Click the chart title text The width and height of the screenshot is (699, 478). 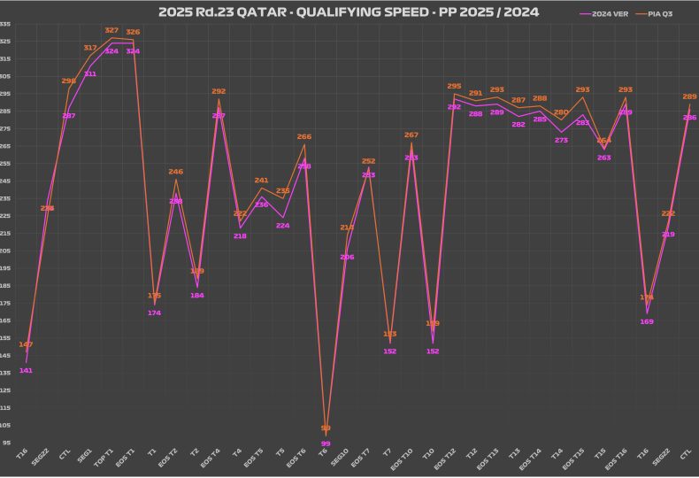click(x=348, y=12)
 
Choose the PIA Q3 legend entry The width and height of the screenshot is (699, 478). click(x=669, y=14)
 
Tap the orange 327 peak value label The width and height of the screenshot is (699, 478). click(x=111, y=30)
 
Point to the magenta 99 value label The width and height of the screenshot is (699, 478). click(x=326, y=443)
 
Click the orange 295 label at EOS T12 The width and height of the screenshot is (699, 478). click(x=454, y=87)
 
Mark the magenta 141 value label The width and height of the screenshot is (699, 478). click(x=26, y=370)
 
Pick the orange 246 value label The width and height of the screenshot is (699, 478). click(x=175, y=172)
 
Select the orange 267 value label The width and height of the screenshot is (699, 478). click(x=411, y=135)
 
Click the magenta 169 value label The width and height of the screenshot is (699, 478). click(x=647, y=321)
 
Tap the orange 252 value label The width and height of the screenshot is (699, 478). click(x=369, y=161)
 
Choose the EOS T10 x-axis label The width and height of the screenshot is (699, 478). click(x=406, y=459)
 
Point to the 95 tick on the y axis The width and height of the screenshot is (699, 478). click(x=7, y=442)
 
